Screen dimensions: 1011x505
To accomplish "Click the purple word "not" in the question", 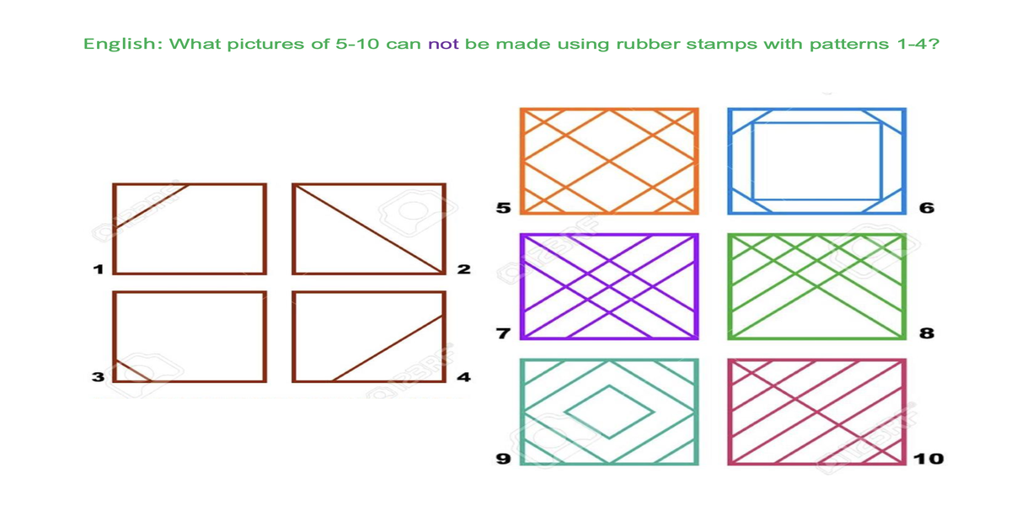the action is [443, 44].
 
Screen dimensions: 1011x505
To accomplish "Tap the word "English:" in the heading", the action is [123, 44].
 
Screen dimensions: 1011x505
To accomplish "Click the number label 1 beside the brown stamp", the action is [98, 269].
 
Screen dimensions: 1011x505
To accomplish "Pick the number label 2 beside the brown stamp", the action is [464, 269].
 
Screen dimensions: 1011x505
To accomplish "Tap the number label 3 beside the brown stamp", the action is [98, 376].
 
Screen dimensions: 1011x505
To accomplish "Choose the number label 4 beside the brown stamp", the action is [464, 376].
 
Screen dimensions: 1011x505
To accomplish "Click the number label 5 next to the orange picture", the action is [504, 208].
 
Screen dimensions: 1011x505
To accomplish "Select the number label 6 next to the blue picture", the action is [927, 208].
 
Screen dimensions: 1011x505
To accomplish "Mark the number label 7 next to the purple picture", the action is [503, 333].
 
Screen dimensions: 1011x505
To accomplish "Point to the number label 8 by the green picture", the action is [927, 333].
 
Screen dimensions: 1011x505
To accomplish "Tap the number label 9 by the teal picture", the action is [504, 459].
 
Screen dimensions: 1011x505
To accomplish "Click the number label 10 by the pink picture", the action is [928, 459].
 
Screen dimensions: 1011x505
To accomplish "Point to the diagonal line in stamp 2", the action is [369, 229].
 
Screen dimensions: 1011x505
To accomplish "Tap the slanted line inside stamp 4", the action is [388, 348].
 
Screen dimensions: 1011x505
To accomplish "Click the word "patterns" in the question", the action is [848, 45].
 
